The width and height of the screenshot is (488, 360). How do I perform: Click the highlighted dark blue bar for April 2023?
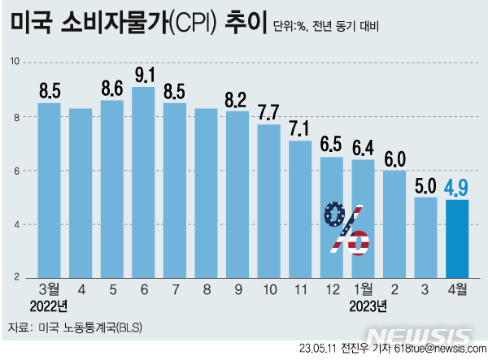click(457, 239)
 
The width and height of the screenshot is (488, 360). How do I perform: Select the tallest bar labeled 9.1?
click(144, 182)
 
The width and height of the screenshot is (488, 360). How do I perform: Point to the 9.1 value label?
click(144, 76)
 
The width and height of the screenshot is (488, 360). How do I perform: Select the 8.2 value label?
click(237, 100)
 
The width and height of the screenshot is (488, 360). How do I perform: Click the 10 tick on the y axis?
click(15, 62)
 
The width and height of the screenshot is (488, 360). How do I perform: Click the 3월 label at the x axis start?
click(49, 288)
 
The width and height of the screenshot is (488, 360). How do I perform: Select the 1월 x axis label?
click(363, 288)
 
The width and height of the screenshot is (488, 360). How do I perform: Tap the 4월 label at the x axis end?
click(457, 288)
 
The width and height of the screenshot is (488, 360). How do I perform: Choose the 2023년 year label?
click(368, 306)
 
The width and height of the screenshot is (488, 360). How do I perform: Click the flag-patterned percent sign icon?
click(346, 227)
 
